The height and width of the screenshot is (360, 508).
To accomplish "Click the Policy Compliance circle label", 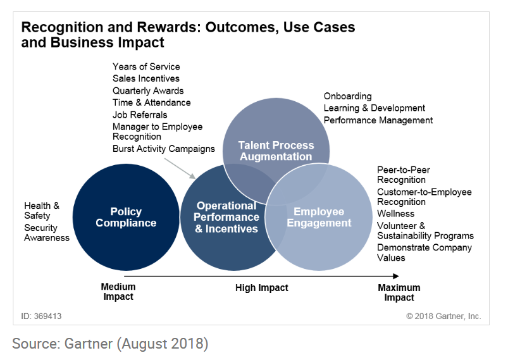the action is pos(126,217).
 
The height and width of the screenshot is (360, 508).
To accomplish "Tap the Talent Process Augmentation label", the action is pos(276,151).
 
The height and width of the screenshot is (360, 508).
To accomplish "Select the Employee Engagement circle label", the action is pos(319,217).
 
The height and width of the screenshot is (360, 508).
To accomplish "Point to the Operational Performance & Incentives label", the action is pos(226,217).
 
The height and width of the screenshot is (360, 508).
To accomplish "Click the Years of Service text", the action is pos(146,66).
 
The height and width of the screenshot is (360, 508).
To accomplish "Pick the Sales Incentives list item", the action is pos(146,78).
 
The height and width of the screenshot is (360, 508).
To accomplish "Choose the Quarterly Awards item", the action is pos(148,90).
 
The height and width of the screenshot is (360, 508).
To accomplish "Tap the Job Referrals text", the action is pos(140,115).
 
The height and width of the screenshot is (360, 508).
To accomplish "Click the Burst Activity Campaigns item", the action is pos(164,149).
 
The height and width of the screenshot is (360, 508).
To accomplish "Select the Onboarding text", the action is pos(348,96).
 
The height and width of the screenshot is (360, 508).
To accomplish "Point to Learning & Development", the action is pos(374,108).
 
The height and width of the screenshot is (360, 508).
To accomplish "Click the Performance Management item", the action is pos(378,120).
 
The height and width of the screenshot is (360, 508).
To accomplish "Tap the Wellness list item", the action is pos(395,214).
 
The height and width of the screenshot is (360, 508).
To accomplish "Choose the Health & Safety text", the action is pos(42,211).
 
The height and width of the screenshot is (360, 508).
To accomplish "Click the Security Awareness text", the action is pos(47,233).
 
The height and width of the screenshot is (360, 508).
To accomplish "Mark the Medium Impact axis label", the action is pos(118,292).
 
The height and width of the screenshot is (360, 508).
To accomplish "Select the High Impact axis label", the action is pos(262,288).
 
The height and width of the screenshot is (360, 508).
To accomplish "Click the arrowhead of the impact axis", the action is pos(396,276).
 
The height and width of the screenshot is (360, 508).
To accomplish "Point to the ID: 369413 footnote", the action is pos(41,316).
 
